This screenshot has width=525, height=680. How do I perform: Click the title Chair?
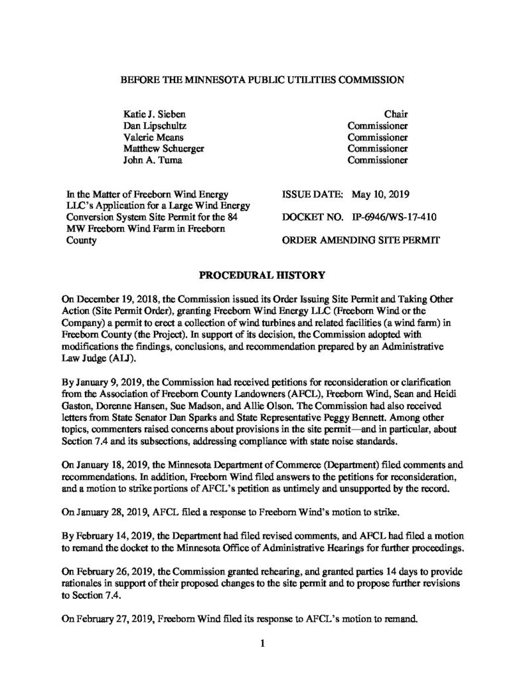click(x=395, y=114)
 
